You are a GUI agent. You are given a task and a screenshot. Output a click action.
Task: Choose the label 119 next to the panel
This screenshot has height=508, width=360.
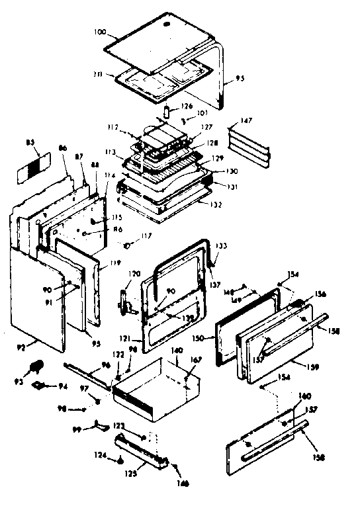tap(115, 263)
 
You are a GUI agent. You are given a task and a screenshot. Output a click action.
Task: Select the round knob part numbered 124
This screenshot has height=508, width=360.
tap(121, 460)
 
